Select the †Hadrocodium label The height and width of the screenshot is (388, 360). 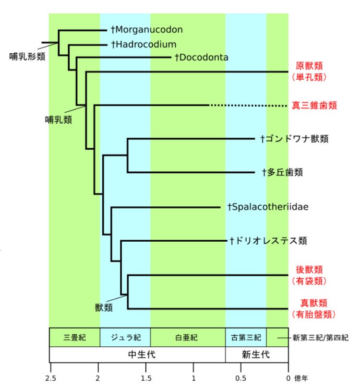(144, 44)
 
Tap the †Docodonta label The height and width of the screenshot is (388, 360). (201, 58)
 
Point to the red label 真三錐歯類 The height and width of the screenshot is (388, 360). (314, 106)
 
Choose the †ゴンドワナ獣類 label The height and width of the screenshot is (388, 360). (294, 139)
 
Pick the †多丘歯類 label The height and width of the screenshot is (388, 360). (282, 172)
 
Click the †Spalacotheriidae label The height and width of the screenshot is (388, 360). (267, 207)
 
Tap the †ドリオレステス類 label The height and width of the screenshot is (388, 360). (268, 240)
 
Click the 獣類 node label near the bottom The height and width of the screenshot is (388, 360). (103, 307)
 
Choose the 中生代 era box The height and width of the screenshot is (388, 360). (137, 355)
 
